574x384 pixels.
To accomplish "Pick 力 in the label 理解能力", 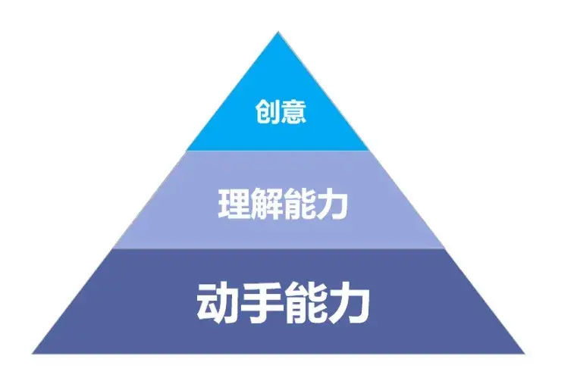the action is [x=331, y=203].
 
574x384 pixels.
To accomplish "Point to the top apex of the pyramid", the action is [x=278, y=33].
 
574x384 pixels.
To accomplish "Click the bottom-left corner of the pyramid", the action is [x=33, y=353].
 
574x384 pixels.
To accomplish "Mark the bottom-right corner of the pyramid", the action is [x=524, y=353].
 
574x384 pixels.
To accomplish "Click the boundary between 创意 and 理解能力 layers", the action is [x=278, y=151].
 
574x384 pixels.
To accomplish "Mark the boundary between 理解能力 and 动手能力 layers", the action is [x=278, y=248].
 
